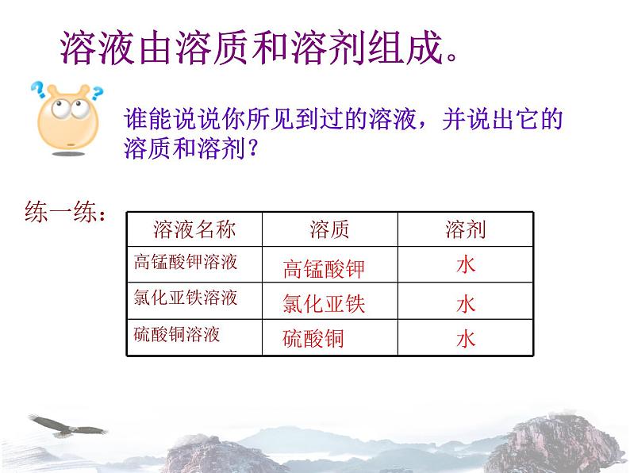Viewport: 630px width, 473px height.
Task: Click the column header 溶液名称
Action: [x=194, y=230]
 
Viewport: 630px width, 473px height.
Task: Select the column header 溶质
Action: [x=329, y=230]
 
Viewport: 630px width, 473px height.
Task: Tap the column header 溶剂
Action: [x=465, y=230]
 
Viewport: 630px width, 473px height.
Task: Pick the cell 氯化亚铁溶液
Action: [x=186, y=298]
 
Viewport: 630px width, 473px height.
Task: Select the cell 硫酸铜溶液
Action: [x=177, y=335]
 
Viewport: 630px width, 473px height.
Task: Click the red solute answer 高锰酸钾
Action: [x=323, y=269]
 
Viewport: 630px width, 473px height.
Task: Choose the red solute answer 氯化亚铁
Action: [x=323, y=304]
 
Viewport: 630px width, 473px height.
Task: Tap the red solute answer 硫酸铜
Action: [x=313, y=339]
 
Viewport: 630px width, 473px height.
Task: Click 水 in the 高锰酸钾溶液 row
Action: [x=466, y=265]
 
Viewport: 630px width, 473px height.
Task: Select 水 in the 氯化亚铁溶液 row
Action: [x=466, y=303]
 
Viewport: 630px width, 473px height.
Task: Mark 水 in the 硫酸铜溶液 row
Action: [x=466, y=339]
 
